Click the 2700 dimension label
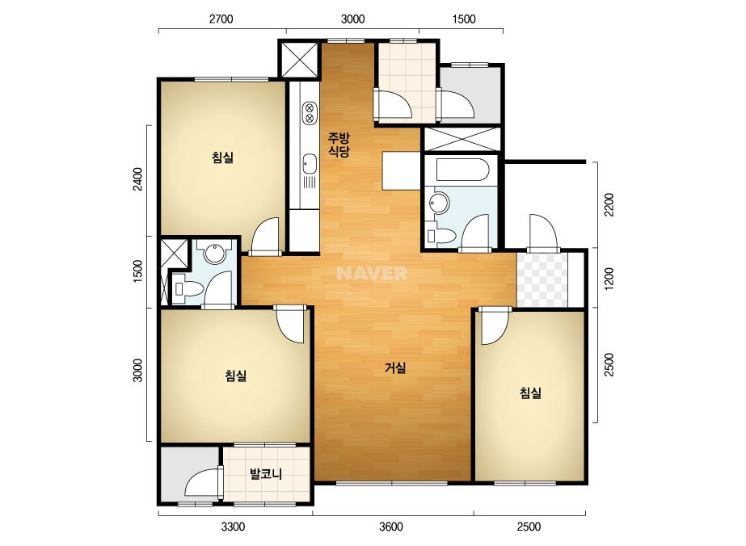(x=221, y=19)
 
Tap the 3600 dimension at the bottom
(x=391, y=527)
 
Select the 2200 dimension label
(x=609, y=204)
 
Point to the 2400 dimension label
(x=137, y=179)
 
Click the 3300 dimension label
(x=233, y=527)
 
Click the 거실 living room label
(x=395, y=367)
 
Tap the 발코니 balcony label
(x=266, y=473)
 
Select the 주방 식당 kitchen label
(x=339, y=145)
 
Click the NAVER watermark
(x=372, y=273)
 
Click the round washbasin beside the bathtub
(x=439, y=203)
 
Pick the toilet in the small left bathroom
(x=188, y=288)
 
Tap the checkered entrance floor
(x=542, y=280)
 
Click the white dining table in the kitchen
(x=401, y=170)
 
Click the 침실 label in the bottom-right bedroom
(x=530, y=393)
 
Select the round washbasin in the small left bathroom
(x=214, y=254)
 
